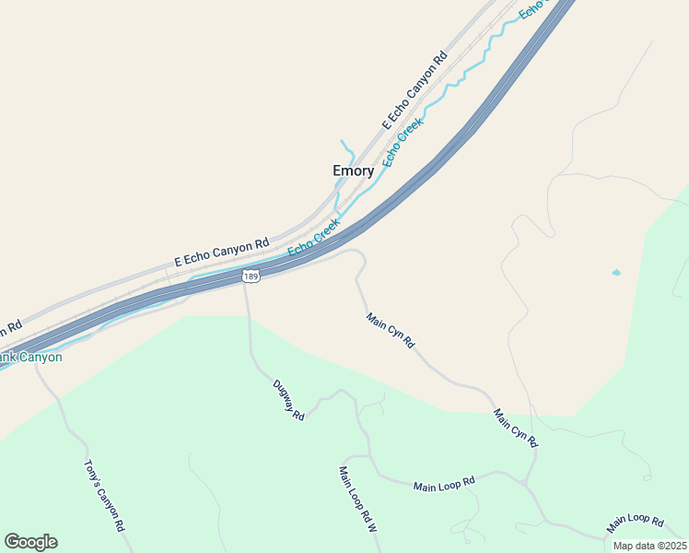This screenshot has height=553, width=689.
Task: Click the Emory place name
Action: pyautogui.click(x=353, y=171)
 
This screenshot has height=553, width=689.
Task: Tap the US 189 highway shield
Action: pyautogui.click(x=251, y=276)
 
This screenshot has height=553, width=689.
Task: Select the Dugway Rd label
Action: pyautogui.click(x=288, y=401)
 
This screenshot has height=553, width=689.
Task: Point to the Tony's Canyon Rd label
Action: pyautogui.click(x=104, y=497)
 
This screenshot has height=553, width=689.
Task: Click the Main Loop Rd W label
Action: pyautogui.click(x=358, y=500)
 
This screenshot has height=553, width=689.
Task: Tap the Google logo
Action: pyautogui.click(x=30, y=542)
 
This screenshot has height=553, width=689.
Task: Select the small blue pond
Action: pyautogui.click(x=616, y=273)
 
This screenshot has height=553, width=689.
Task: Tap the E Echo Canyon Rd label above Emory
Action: pyautogui.click(x=415, y=90)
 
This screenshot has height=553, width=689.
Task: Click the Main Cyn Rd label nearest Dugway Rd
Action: pyautogui.click(x=391, y=332)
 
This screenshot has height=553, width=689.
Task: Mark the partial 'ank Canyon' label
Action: pyautogui.click(x=31, y=357)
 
